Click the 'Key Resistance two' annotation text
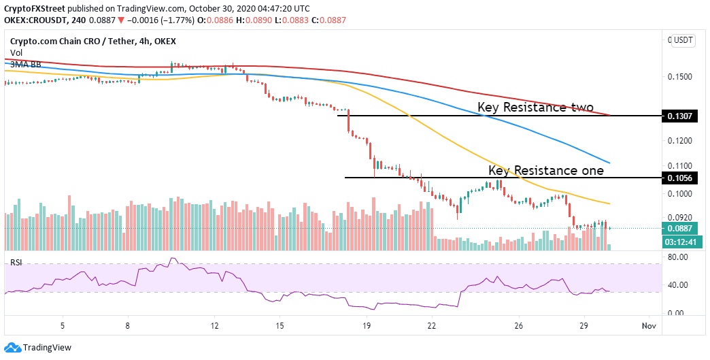click(x=535, y=108)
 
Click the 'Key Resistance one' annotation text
click(x=545, y=170)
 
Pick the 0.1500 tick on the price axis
click(x=681, y=76)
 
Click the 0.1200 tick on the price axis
click(x=681, y=140)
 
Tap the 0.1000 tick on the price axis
click(x=681, y=194)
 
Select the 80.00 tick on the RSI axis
click(x=679, y=257)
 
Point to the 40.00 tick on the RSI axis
click(x=679, y=285)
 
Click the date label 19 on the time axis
click(x=367, y=325)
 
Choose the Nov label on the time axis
click(x=649, y=325)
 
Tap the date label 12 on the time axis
click(x=215, y=325)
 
